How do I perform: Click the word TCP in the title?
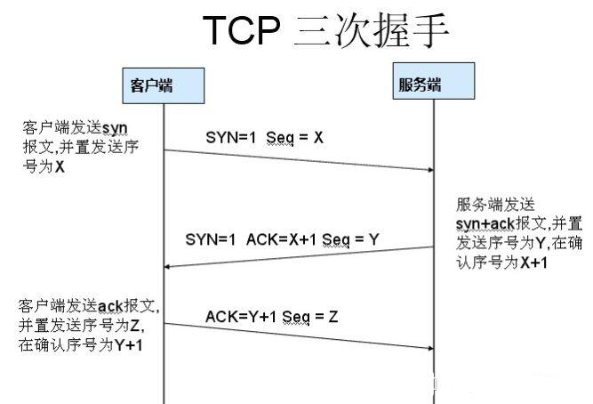tap(242, 30)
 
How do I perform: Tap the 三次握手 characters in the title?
tap(371, 30)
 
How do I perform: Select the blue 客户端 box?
tap(164, 85)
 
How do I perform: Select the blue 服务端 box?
tap(434, 81)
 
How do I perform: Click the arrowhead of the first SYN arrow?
tap(431, 170)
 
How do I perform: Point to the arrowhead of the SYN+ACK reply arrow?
tap(167, 267)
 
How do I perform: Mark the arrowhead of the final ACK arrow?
tap(431, 348)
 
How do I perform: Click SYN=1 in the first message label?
tap(230, 137)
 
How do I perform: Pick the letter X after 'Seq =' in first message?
tap(318, 137)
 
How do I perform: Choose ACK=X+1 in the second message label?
tap(281, 239)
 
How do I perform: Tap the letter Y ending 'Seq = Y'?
tap(373, 239)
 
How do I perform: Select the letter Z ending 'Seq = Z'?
tap(333, 317)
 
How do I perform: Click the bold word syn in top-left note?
tap(115, 129)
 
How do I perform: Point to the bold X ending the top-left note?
tap(60, 166)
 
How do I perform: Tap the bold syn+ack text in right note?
tap(485, 224)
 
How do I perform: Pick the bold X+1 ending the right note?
tap(534, 263)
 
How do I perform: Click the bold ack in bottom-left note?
tap(110, 306)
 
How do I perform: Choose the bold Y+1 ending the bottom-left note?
tap(129, 345)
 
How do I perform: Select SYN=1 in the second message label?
tap(211, 239)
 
